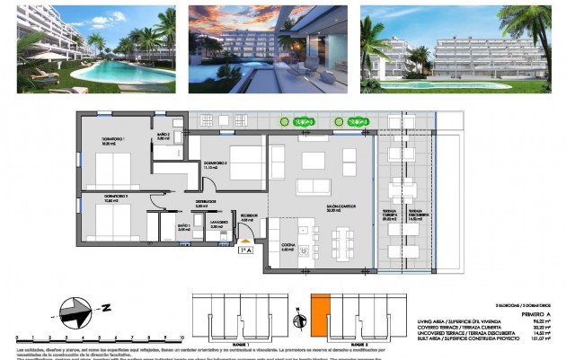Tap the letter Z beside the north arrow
coord(106,308)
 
